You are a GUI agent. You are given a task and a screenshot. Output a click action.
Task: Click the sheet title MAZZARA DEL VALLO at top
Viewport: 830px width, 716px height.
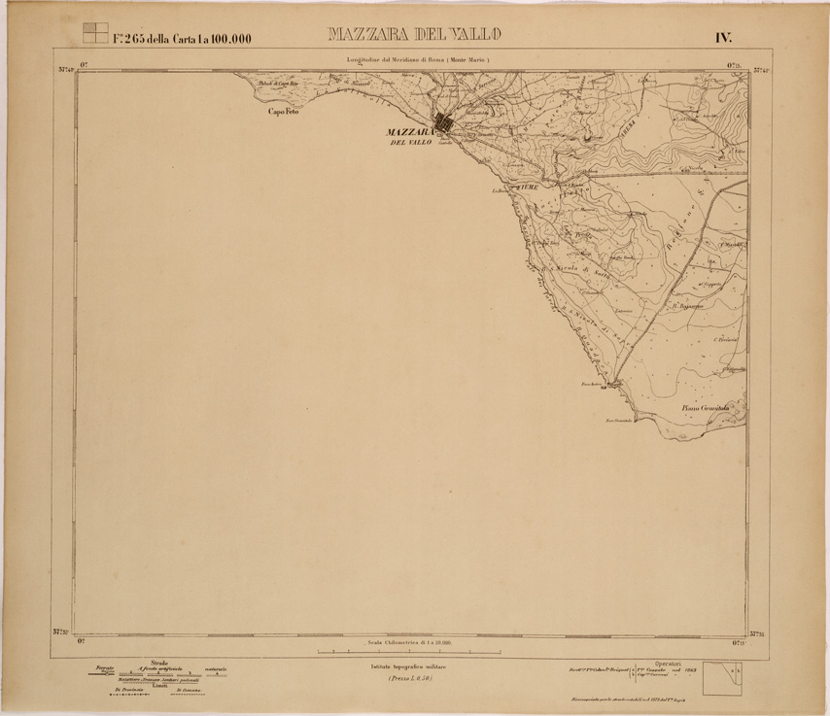pyautogui.click(x=414, y=36)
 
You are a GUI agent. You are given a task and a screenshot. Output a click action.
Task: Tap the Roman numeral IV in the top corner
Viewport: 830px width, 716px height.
pyautogui.click(x=723, y=38)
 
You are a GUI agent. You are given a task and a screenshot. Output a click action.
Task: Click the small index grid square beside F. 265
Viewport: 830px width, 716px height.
pyautogui.click(x=94, y=33)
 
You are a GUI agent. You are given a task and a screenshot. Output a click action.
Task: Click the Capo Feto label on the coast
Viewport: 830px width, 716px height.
pyautogui.click(x=287, y=113)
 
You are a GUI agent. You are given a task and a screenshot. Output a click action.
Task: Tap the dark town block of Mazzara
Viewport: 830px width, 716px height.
pyautogui.click(x=443, y=123)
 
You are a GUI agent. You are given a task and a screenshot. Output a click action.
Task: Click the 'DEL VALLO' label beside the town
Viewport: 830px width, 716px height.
pyautogui.click(x=410, y=143)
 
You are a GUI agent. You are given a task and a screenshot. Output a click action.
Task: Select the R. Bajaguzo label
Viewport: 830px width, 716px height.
pyautogui.click(x=687, y=305)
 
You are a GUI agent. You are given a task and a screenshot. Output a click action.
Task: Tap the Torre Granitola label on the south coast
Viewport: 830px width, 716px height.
pyautogui.click(x=618, y=420)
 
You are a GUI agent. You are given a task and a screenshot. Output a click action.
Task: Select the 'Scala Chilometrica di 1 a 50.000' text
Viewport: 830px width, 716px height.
pyautogui.click(x=415, y=642)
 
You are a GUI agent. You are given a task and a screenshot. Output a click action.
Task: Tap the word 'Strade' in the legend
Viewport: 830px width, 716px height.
pyautogui.click(x=157, y=663)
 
